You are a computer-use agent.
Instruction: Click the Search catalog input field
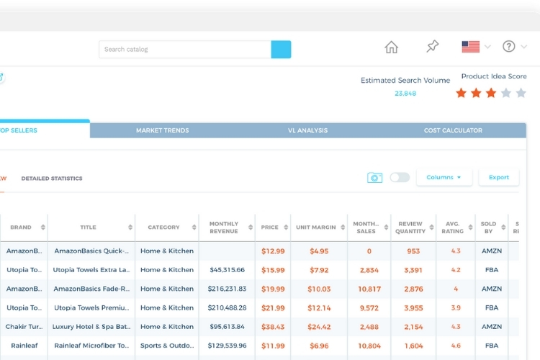click(185, 50)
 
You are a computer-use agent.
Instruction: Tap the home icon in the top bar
click(391, 48)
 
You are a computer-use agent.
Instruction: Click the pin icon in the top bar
click(432, 47)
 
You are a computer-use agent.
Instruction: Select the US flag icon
click(471, 47)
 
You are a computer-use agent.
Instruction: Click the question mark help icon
click(509, 47)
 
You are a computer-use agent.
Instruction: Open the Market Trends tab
click(163, 130)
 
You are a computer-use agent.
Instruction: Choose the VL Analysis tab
click(307, 130)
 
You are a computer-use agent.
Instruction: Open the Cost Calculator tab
click(453, 130)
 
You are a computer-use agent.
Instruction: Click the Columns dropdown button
click(444, 177)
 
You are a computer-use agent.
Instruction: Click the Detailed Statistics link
click(52, 179)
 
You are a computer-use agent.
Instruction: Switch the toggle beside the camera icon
click(400, 177)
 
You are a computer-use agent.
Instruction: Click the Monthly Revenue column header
click(223, 228)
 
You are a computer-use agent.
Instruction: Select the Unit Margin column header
click(315, 228)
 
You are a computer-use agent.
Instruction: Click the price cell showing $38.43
click(273, 327)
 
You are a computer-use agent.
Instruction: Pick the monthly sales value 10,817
click(369, 289)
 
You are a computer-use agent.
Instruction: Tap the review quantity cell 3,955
click(413, 307)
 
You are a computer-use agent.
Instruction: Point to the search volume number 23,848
click(405, 94)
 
